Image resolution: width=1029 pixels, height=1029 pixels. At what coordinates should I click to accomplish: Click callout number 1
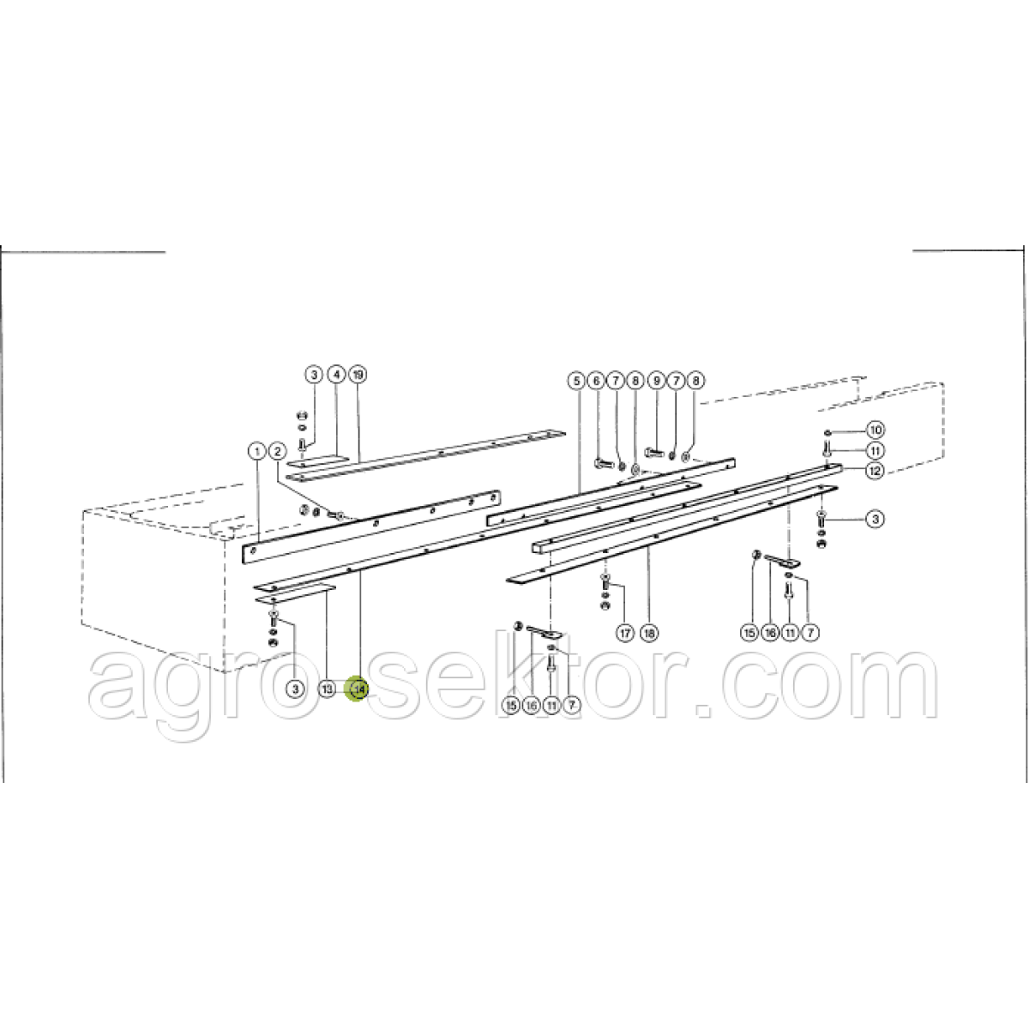click(257, 452)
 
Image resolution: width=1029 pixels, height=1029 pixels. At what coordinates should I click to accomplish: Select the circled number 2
click(277, 452)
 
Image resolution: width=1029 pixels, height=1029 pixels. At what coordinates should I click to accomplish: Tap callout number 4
click(336, 375)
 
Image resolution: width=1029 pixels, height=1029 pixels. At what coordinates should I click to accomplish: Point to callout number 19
click(358, 375)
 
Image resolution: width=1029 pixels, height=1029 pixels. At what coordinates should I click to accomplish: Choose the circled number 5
click(576, 382)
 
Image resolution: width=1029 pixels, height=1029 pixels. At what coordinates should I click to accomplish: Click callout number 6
click(596, 382)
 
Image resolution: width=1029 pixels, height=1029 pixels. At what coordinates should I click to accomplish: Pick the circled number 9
click(656, 382)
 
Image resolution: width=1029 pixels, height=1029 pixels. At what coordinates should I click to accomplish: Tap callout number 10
click(876, 430)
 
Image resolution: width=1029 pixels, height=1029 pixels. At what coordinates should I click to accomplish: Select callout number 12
click(876, 471)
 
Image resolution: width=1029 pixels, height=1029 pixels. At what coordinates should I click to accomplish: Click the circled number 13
click(328, 689)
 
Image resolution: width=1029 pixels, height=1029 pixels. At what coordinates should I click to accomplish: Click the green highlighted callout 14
click(358, 689)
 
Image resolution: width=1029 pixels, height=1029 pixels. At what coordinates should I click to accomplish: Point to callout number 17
click(625, 634)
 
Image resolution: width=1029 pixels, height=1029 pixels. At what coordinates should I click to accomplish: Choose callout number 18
click(649, 634)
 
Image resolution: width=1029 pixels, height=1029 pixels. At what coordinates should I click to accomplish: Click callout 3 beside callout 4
click(314, 375)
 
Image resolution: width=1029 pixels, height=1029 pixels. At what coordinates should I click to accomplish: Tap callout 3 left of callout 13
click(295, 689)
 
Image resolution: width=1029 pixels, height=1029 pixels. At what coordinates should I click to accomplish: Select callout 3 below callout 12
click(876, 519)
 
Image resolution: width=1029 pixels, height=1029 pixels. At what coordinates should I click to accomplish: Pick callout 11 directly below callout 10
click(876, 451)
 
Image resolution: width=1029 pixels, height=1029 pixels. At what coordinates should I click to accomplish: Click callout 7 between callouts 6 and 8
click(616, 382)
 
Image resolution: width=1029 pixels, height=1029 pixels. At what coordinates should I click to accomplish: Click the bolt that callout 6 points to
click(602, 463)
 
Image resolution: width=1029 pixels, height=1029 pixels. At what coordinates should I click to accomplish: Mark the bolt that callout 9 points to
click(653, 453)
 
